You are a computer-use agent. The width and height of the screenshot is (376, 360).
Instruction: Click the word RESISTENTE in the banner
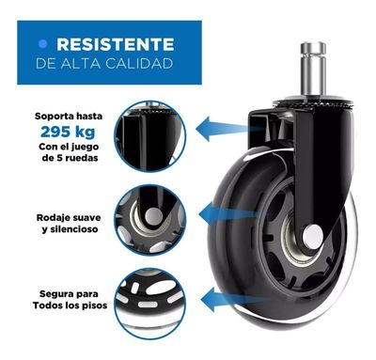[x=115, y=44]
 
